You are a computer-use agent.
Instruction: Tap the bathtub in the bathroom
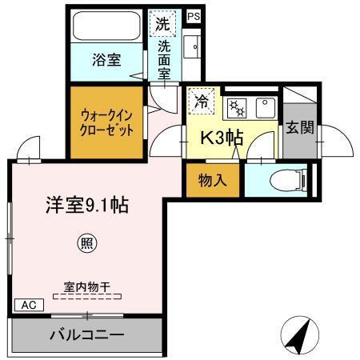coord(106,27)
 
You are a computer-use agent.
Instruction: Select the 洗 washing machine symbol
coord(162,24)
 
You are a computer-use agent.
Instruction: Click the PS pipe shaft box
coord(193,16)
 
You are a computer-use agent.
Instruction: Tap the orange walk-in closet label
coord(106,121)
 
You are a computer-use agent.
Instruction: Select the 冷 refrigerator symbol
coord(201,102)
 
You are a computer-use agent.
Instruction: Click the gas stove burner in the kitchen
coord(236,106)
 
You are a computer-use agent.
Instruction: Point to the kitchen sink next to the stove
coord(264,106)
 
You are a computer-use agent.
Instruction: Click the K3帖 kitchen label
coord(222,137)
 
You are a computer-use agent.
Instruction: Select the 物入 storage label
coord(212,179)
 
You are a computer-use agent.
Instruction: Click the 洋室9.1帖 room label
coord(87,204)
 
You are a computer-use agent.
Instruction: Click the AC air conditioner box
coord(29,305)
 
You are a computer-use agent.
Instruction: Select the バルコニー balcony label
coord(87,334)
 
